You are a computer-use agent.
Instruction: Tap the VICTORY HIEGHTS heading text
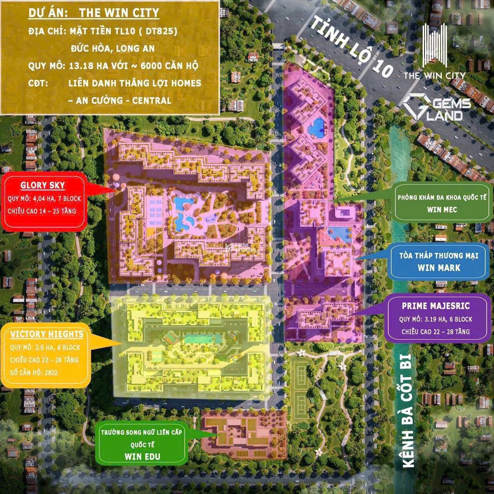47,334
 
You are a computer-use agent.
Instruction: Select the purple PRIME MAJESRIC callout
436,318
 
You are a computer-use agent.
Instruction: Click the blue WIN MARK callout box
439,261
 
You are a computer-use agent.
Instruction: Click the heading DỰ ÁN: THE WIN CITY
94,13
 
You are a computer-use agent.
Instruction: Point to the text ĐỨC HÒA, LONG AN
113,48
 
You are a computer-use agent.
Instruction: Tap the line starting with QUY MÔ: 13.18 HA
113,66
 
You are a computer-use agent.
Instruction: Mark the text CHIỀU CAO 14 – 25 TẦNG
42,211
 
